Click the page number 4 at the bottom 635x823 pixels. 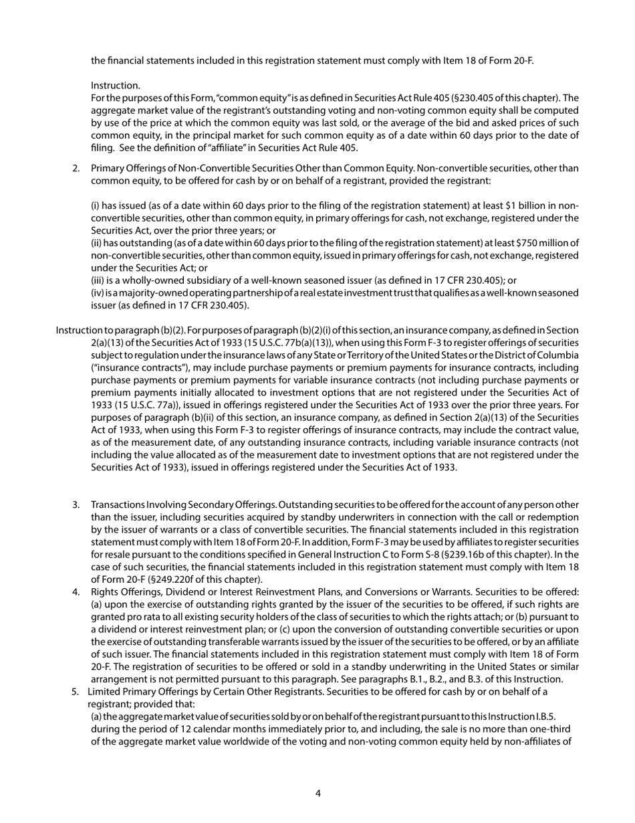coord(317,794)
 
